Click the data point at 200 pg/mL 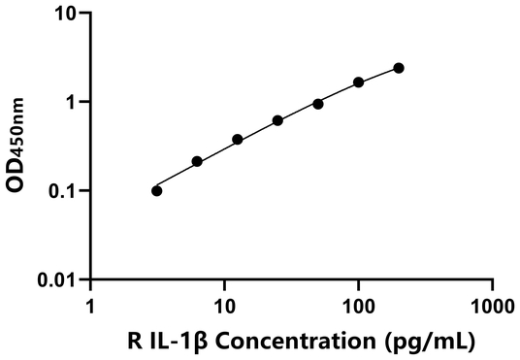pos(399,68)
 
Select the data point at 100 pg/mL pos(359,82)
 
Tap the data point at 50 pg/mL pos(318,104)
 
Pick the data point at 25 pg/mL pos(277,120)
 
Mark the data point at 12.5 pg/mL pos(238,140)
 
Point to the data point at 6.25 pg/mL pos(197,161)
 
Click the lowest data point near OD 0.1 pos(157,190)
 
